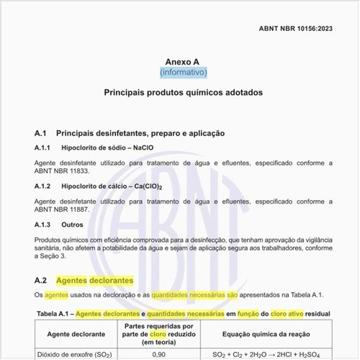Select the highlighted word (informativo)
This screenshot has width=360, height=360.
183,72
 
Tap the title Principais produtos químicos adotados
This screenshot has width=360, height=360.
183,93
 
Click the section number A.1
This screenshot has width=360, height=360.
41,133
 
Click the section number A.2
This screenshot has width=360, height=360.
41,279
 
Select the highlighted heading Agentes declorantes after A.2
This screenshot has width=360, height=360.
94,279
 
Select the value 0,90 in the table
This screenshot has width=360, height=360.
159,354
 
